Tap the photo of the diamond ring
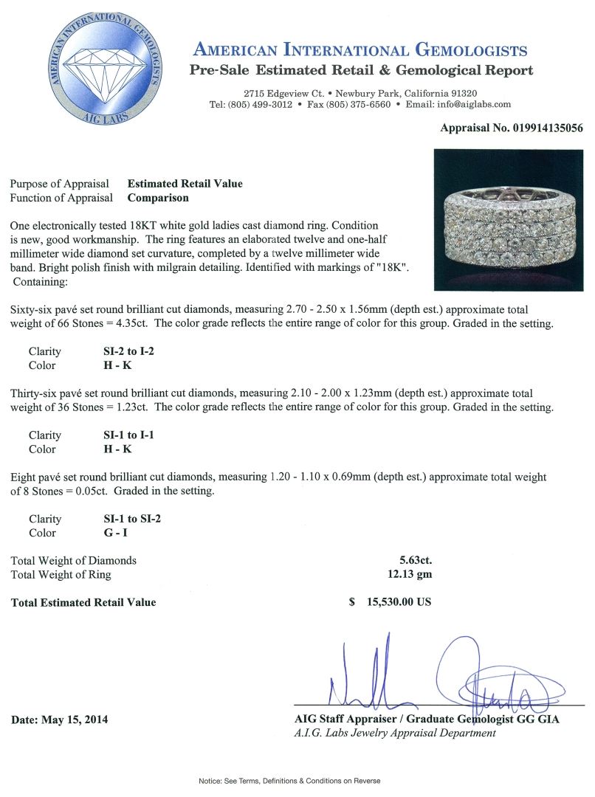pyautogui.click(x=509, y=220)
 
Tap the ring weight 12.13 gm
pyautogui.click(x=412, y=574)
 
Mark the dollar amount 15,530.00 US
pyautogui.click(x=399, y=602)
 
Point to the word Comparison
pyautogui.click(x=158, y=198)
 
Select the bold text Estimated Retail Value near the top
pyautogui.click(x=185, y=184)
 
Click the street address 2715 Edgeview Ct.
pyautogui.click(x=286, y=93)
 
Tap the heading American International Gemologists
pyautogui.click(x=360, y=50)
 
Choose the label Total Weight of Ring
pyautogui.click(x=61, y=574)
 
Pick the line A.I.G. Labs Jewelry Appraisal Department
pyautogui.click(x=394, y=733)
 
